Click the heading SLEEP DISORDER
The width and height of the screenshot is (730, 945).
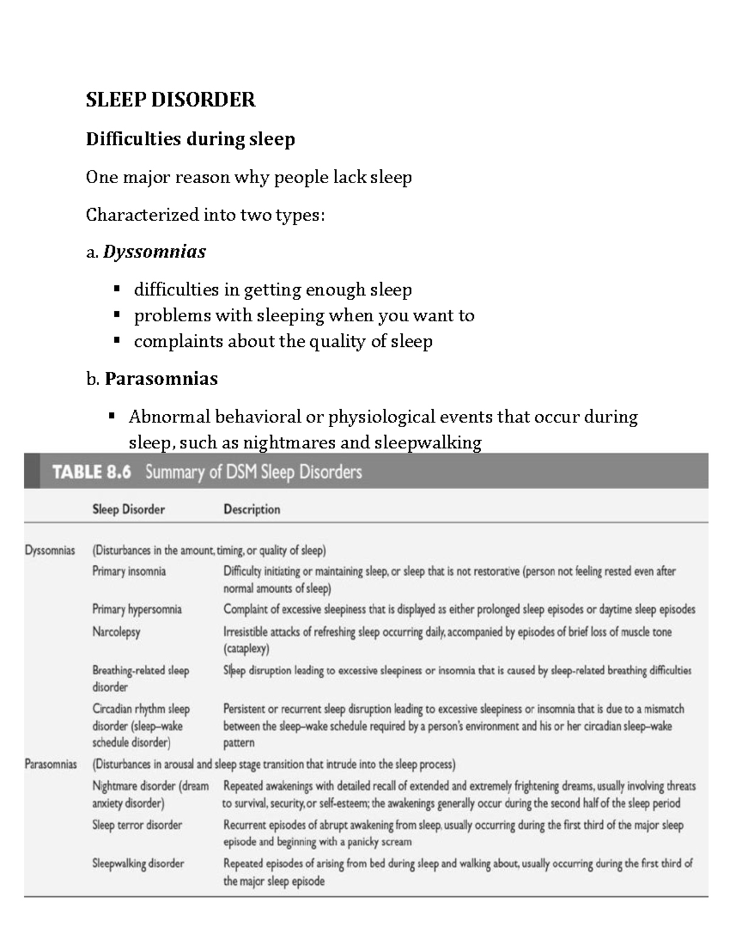[x=170, y=100]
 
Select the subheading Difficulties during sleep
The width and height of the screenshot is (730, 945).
[x=190, y=139]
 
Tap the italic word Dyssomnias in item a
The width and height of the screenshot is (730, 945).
[x=155, y=252]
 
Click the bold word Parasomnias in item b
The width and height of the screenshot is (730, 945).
[x=161, y=379]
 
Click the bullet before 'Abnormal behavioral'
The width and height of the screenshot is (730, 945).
[x=111, y=417]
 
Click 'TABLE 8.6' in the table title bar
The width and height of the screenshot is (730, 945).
[x=92, y=472]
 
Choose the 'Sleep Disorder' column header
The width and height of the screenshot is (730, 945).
[x=128, y=509]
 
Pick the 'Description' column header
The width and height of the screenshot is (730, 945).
[x=252, y=509]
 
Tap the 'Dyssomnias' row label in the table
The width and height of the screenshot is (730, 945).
[x=50, y=551]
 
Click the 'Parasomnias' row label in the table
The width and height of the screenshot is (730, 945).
[x=50, y=764]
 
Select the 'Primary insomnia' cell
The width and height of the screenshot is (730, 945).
[x=129, y=571]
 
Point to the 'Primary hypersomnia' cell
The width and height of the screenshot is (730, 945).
[x=137, y=609]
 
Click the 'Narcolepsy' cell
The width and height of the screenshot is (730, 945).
[x=116, y=632]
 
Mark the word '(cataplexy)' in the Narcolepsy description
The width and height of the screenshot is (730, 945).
[x=246, y=649]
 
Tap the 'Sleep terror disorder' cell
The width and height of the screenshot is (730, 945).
[x=137, y=825]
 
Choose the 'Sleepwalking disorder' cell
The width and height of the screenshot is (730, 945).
[x=138, y=863]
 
